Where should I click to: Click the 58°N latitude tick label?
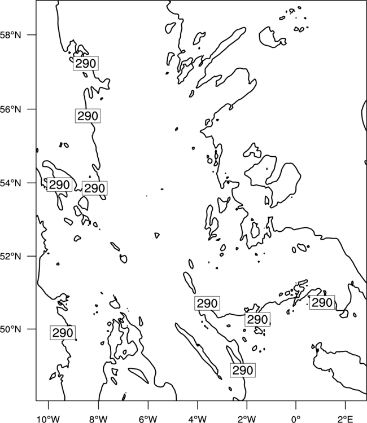tap(10, 35)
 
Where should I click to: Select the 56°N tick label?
tap(10, 109)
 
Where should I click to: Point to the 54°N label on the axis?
tap(10, 183)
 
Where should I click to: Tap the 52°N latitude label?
tap(10, 256)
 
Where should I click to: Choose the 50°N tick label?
tap(10, 329)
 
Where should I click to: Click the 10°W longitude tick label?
tap(49, 419)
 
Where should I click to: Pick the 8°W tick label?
tap(98, 419)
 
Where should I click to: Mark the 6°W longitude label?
tap(148, 419)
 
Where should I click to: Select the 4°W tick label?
tap(197, 419)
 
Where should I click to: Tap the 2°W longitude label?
tap(247, 419)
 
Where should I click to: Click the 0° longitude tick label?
tap(296, 419)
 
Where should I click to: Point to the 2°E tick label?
tap(346, 419)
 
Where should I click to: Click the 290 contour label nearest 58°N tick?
tap(86, 63)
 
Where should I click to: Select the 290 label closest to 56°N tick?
tap(88, 116)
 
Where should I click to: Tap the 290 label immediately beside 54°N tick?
tap(59, 185)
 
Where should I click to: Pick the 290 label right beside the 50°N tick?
tap(63, 333)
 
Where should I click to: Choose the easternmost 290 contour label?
tap(322, 302)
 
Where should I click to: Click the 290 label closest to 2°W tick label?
tap(243, 370)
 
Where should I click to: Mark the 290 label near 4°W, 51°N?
tap(207, 303)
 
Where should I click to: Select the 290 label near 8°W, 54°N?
tap(94, 188)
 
